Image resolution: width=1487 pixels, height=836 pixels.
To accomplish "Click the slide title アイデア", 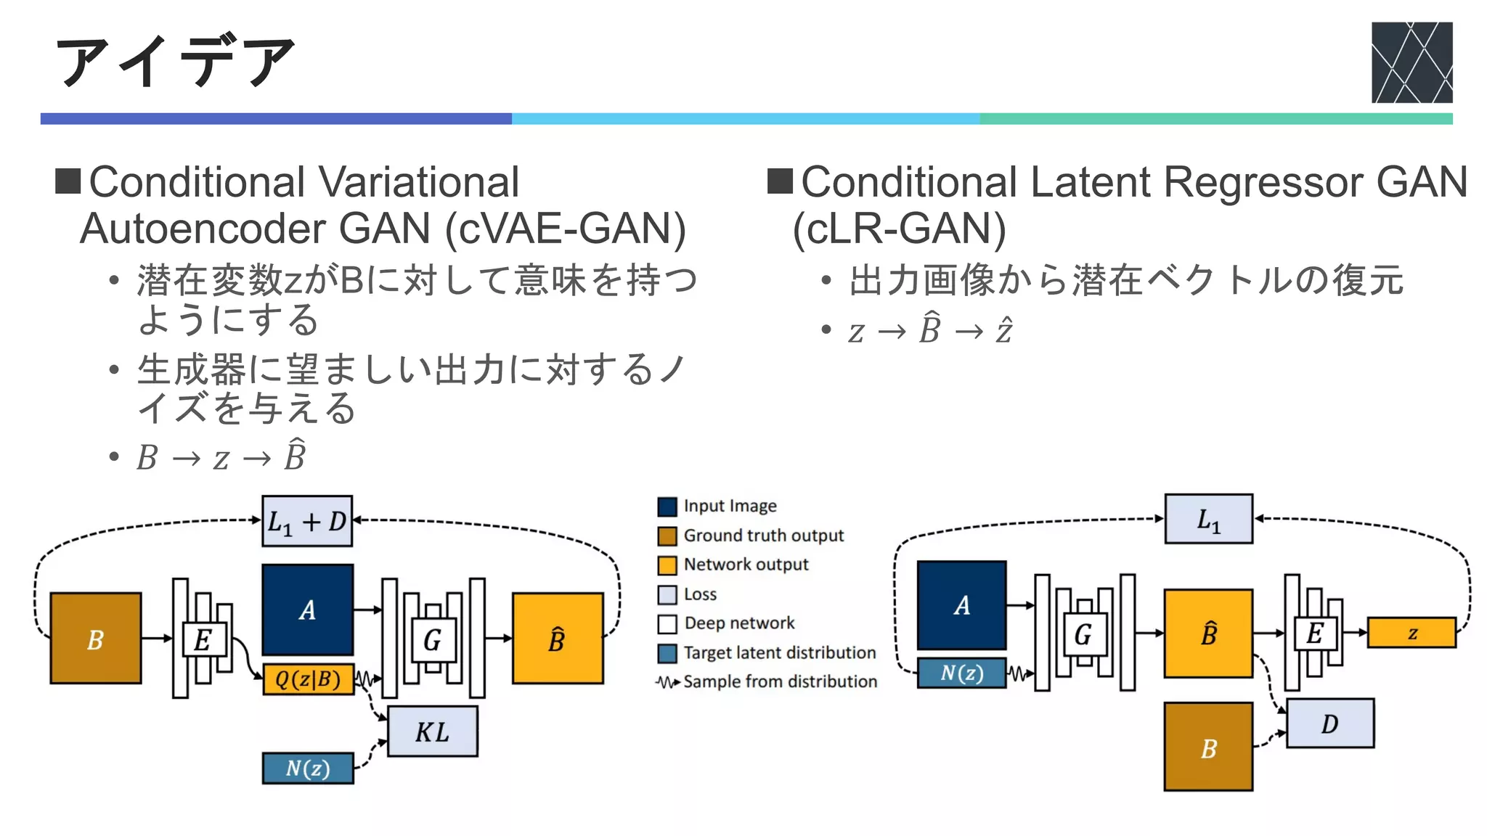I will tap(174, 61).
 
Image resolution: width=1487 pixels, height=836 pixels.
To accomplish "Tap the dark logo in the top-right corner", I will tap(1411, 62).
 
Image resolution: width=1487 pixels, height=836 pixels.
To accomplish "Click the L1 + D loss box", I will tap(307, 521).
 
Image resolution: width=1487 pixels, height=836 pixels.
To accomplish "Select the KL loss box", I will tap(433, 731).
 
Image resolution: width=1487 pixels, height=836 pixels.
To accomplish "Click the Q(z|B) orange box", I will tap(308, 679).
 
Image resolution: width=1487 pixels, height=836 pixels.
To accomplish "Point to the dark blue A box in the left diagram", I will tap(308, 610).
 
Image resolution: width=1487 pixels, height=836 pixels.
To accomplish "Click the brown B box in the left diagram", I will tap(95, 639).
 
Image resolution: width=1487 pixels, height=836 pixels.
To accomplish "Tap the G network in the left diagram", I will tap(433, 639).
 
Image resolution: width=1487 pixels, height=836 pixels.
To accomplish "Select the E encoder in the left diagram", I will tap(203, 639).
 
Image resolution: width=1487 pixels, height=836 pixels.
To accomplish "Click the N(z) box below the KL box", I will tap(308, 768).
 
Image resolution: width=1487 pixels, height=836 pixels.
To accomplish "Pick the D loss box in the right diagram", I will tap(1329, 724).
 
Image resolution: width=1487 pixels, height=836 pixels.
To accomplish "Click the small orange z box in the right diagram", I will tap(1411, 632).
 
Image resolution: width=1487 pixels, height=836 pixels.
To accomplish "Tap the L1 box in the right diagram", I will tap(1208, 519).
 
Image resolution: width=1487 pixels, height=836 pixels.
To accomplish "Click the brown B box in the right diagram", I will tap(1208, 747).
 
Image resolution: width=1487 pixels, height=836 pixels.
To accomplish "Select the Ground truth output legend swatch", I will tap(667, 536).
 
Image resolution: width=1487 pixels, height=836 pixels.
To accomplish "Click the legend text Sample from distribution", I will tap(780, 681).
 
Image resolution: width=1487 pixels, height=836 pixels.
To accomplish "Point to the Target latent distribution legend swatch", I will tap(667, 653).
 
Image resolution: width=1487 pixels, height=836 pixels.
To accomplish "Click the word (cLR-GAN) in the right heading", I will tap(899, 229).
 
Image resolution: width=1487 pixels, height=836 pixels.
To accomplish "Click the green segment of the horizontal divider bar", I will tap(1215, 118).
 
